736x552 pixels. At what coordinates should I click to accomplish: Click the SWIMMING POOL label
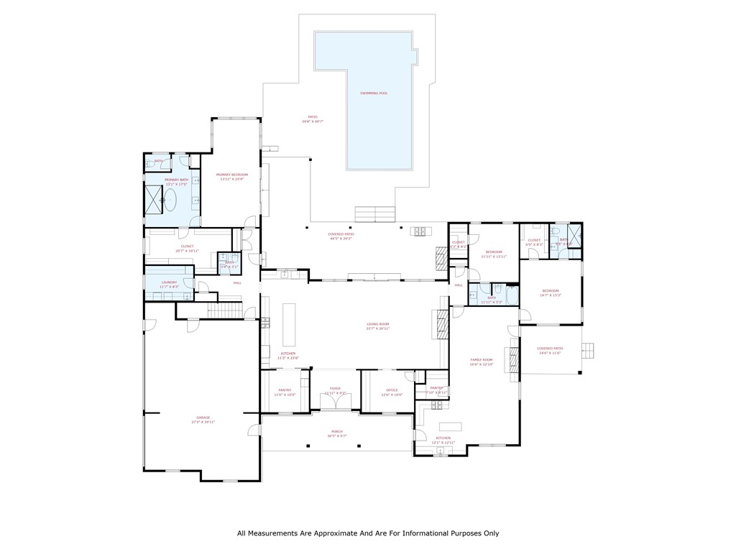pos(374,93)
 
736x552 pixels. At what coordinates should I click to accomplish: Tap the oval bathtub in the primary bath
pos(170,200)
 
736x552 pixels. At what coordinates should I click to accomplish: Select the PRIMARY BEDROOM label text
pos(232,175)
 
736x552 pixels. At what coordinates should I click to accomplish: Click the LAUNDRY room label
pos(169,282)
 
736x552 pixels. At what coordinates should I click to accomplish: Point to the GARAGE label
pos(203,418)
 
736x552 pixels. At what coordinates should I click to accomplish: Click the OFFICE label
pos(392,390)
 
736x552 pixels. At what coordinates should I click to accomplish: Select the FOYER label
pos(335,388)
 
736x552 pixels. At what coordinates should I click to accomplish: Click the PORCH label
pos(336,432)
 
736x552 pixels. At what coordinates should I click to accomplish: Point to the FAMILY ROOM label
pos(481,359)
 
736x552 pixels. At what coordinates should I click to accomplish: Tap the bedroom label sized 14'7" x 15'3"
pos(551,290)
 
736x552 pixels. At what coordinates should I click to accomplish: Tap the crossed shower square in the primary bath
pos(153,199)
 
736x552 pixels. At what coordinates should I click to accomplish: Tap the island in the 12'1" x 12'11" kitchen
pos(451,424)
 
